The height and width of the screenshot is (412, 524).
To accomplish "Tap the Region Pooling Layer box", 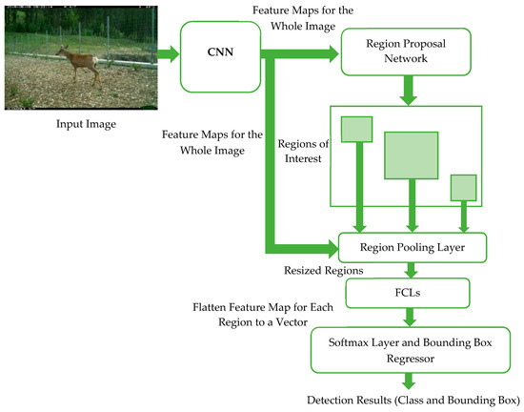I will coord(412,246).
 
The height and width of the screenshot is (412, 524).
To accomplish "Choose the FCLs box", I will coord(409,293).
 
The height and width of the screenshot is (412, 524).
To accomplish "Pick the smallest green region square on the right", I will coord(463,187).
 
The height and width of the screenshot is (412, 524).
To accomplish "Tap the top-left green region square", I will coord(355,129).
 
